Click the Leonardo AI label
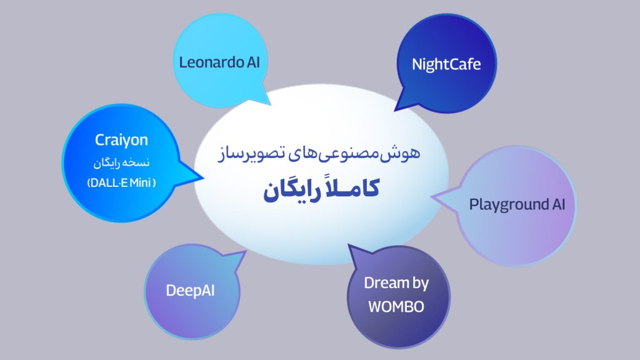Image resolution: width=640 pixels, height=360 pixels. [219, 62]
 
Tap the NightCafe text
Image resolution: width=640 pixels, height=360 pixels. [446, 64]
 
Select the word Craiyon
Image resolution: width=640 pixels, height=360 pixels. [121, 140]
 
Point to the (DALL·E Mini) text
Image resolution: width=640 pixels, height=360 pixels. [121, 182]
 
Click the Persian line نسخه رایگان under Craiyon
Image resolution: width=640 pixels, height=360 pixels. [121, 163]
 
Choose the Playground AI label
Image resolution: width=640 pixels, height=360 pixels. [517, 205]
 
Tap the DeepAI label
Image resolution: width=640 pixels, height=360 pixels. [190, 291]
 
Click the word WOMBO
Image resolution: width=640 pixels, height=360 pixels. [396, 307]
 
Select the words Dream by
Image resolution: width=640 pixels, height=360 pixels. [396, 283]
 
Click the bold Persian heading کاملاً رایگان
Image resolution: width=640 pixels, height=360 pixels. [321, 190]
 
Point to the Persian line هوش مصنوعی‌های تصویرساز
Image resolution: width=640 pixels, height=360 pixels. [319, 154]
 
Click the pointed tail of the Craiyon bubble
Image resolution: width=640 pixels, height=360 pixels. [202, 177]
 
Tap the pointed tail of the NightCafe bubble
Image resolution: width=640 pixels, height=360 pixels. [395, 110]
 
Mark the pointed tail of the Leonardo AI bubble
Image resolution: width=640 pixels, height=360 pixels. [270, 104]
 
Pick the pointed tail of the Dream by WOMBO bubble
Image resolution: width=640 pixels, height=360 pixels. [349, 245]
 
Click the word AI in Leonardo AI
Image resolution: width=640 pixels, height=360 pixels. [253, 62]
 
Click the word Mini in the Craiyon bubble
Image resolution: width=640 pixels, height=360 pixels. [141, 182]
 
